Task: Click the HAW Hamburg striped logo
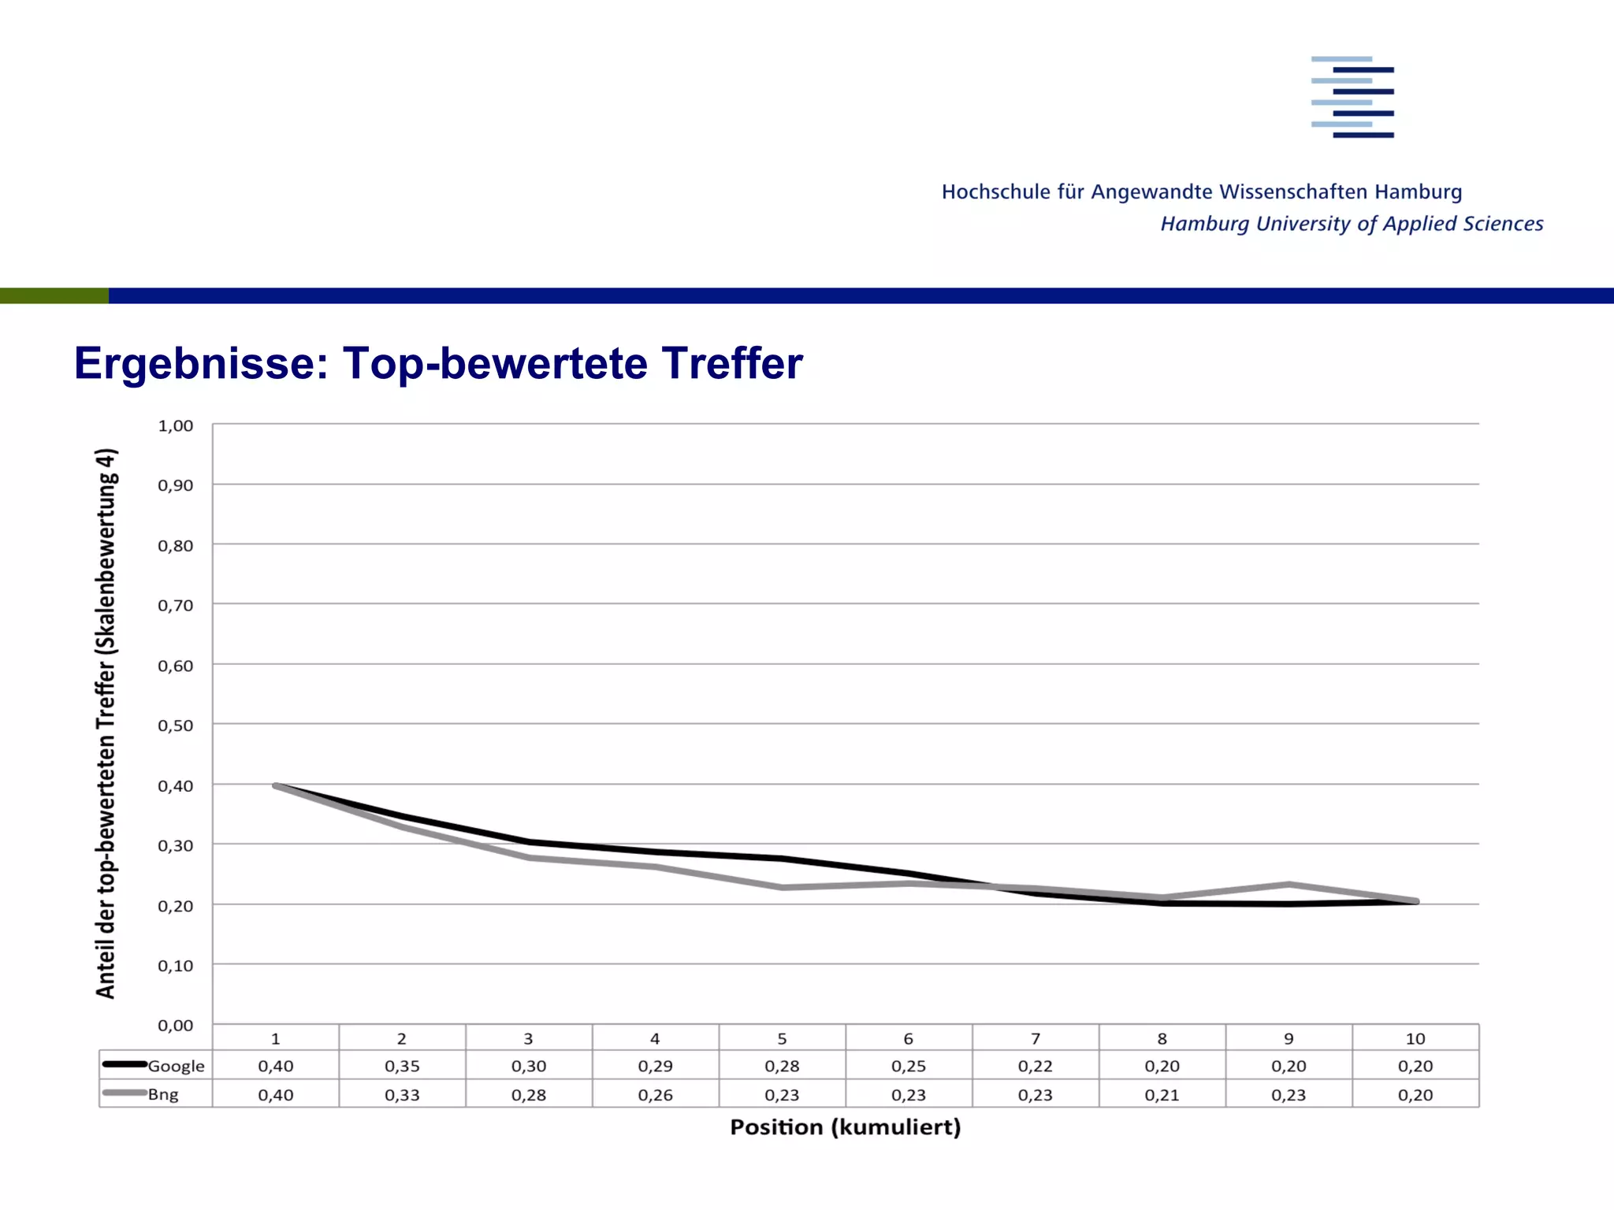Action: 1352,97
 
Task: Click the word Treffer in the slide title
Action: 731,363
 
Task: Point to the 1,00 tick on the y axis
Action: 175,426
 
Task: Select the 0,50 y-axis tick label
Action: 175,726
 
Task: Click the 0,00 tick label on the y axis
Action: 175,1026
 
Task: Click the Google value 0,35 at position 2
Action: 402,1066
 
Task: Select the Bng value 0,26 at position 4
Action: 655,1095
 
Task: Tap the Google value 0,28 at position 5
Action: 782,1066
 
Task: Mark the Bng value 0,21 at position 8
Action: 1162,1095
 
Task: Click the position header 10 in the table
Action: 1415,1038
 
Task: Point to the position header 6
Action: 909,1038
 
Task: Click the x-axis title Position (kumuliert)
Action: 845,1127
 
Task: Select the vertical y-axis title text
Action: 106,723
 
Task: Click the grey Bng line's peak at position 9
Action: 1289,884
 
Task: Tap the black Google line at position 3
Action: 529,841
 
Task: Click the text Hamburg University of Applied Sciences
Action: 1352,224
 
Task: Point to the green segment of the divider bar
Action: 54,295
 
